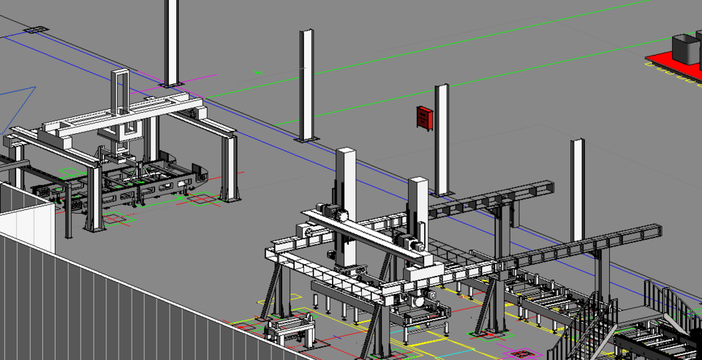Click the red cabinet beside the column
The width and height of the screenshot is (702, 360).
423,118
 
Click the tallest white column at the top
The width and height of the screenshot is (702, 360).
170,40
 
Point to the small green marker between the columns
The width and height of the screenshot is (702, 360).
257,72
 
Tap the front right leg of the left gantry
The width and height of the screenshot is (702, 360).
228,168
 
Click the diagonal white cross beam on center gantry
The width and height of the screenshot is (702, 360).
366,234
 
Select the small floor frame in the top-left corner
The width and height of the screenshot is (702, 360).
35,30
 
